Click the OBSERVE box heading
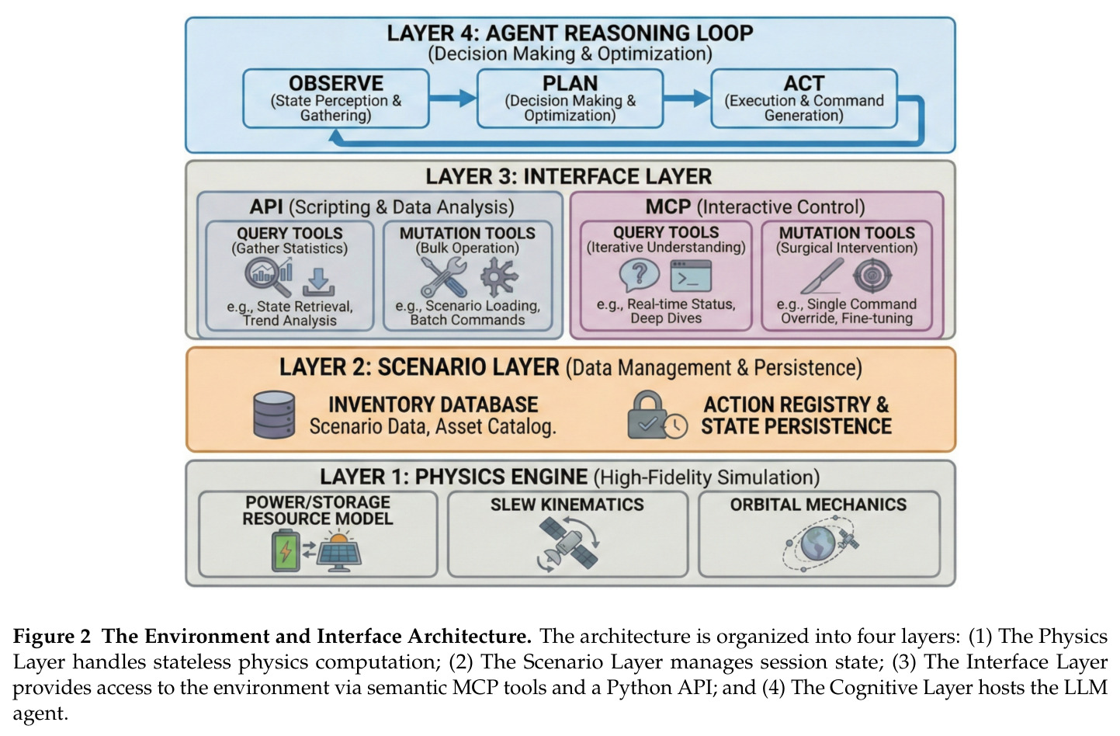(x=335, y=83)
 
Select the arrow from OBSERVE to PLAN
(x=453, y=98)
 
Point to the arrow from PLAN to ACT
(x=687, y=98)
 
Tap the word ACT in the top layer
(x=803, y=83)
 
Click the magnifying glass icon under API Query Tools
(x=268, y=276)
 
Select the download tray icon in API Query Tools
(x=318, y=282)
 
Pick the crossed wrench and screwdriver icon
(x=443, y=277)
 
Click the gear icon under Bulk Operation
(x=499, y=276)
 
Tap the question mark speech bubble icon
(x=639, y=276)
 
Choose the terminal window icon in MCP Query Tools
(x=691, y=276)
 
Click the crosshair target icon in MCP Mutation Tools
(x=872, y=276)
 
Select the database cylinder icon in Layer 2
(x=273, y=415)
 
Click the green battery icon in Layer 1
(x=286, y=550)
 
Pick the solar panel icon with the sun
(x=338, y=552)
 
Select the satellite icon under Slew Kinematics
(x=568, y=544)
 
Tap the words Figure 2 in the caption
(x=52, y=636)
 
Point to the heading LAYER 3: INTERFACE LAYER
(x=568, y=176)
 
